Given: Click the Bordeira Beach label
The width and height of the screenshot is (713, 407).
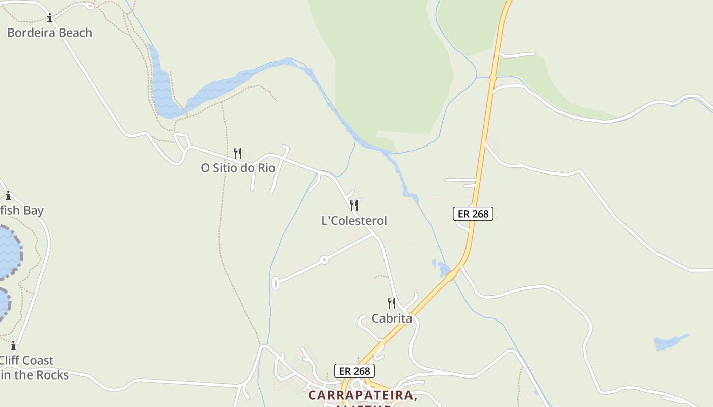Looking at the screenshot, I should point(49,33).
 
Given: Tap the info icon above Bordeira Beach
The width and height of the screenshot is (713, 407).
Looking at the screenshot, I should point(50,19).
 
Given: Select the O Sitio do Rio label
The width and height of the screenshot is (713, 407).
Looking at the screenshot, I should point(238,168).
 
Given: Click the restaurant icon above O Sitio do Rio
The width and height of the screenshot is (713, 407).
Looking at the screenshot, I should point(238,153).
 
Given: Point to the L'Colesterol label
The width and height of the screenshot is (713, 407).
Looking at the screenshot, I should point(354,221).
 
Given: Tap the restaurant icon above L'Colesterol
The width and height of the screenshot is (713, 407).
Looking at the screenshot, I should point(354,206).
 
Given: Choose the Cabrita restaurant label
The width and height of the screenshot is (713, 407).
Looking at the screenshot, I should point(392,318).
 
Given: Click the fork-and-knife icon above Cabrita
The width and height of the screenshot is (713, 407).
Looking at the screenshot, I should point(392,303).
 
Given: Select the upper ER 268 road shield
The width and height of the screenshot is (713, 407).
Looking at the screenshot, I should point(473,214).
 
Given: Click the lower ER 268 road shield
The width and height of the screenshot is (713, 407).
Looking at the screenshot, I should point(354,371).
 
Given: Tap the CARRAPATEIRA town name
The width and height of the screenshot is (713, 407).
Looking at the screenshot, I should point(363,395).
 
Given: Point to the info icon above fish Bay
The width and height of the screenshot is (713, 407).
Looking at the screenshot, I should point(8,195).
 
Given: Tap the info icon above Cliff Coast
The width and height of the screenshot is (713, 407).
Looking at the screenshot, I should point(13,345).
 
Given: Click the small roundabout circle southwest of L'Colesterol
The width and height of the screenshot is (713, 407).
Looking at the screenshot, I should point(324,260).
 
